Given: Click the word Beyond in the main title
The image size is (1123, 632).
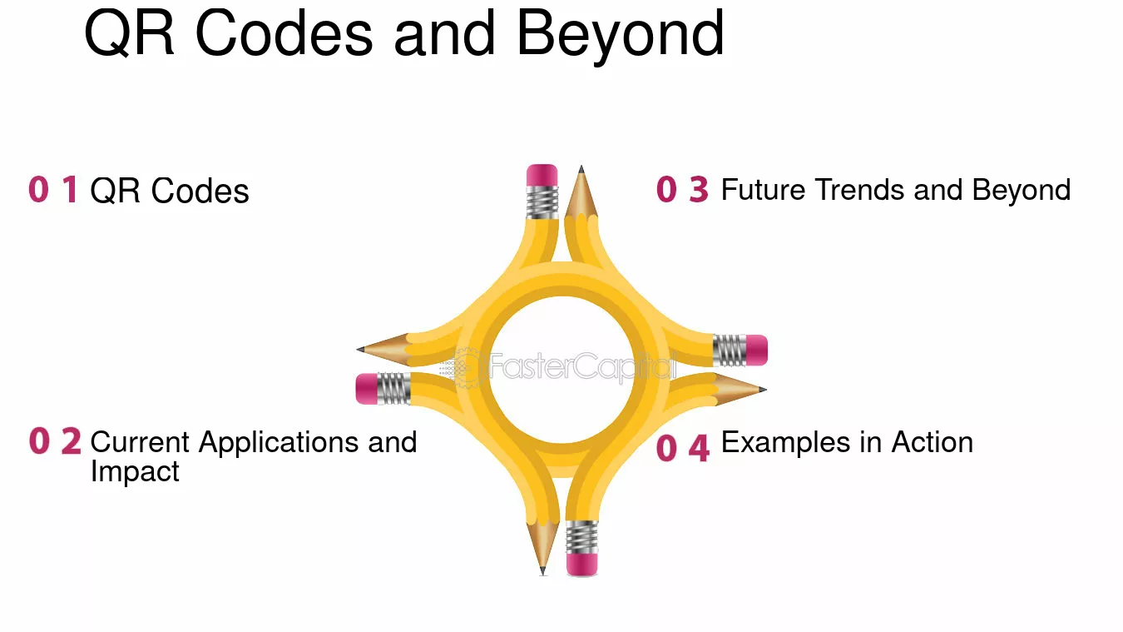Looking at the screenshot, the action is pyautogui.click(x=621, y=36).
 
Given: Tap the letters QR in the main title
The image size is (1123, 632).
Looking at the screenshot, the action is pyautogui.click(x=129, y=33).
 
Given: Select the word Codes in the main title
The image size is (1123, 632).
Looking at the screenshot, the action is pyautogui.click(x=284, y=33).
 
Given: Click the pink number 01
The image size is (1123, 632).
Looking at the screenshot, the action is pyautogui.click(x=53, y=189).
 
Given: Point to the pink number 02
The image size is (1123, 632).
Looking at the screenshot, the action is pyautogui.click(x=55, y=440).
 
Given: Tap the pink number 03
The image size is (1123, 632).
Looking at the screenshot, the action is pyautogui.click(x=682, y=189).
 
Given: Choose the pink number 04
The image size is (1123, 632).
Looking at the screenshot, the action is pyautogui.click(x=683, y=447).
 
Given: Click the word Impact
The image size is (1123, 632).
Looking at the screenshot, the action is pyautogui.click(x=135, y=472).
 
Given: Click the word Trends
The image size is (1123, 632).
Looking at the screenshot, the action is pyautogui.click(x=860, y=190).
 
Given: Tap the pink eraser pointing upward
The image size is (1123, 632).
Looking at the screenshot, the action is pyautogui.click(x=542, y=175).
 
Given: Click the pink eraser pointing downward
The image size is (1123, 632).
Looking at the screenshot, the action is pyautogui.click(x=581, y=565).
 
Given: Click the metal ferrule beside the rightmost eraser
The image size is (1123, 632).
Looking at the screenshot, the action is pyautogui.click(x=730, y=350).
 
